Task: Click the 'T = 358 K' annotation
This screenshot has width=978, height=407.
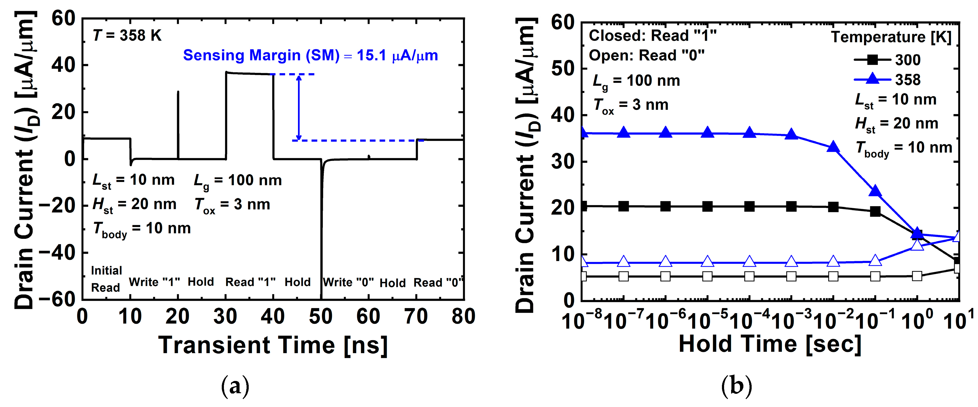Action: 127,36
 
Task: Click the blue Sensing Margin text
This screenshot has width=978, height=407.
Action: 310,55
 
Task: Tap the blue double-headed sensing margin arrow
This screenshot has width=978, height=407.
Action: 299,108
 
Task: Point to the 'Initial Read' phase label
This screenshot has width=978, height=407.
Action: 106,279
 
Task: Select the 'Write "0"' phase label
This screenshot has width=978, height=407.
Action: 348,282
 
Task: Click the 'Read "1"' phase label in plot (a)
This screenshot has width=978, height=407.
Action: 250,282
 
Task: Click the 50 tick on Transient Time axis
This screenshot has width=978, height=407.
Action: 321,317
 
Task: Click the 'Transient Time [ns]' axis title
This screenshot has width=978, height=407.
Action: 273,345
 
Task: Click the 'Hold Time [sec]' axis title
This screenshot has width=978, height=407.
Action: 770,344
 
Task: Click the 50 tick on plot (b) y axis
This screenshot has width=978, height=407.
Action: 563,69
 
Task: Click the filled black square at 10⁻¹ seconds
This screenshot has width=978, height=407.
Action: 875,212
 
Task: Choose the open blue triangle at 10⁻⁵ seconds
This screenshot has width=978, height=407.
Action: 707,261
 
